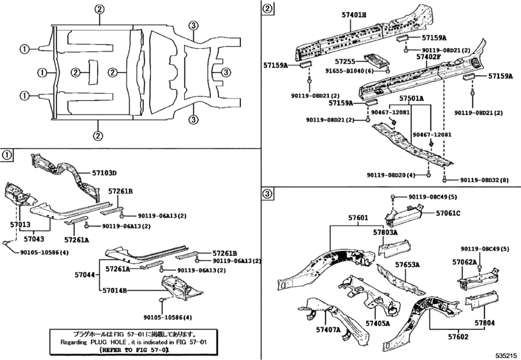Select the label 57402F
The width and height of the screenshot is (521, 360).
(x=432, y=57)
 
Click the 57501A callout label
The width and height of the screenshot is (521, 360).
(x=411, y=99)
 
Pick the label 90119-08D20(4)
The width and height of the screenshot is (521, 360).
(x=395, y=175)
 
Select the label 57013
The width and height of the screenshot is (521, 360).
(x=20, y=224)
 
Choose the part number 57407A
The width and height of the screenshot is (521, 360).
(x=328, y=330)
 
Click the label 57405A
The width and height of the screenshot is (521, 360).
(x=378, y=323)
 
